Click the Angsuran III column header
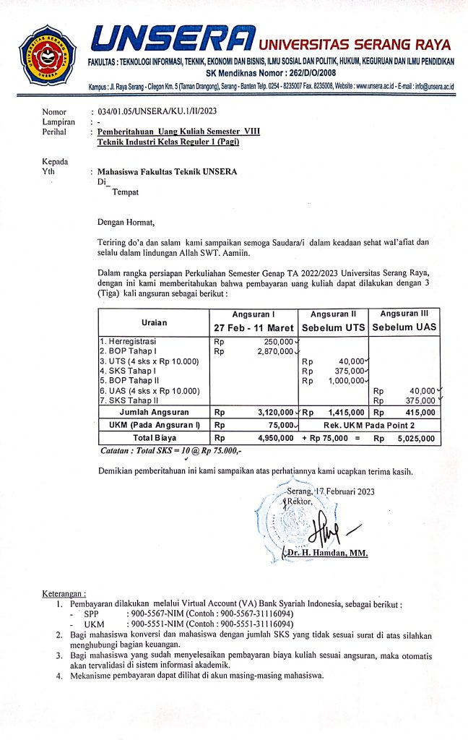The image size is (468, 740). coord(404,314)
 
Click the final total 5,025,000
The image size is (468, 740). coord(415,438)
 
